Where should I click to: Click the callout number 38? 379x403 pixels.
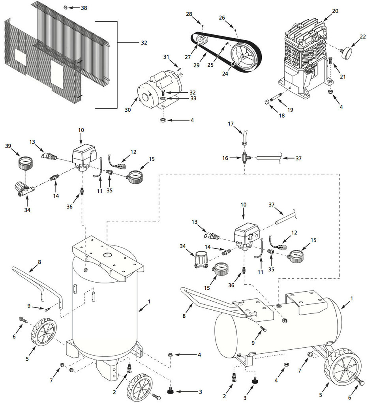click(84, 8)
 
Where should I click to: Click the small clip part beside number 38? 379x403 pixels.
click(66, 7)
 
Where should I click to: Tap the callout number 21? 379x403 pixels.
click(342, 77)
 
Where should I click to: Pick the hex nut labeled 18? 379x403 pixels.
click(267, 102)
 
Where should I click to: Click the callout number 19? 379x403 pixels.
click(290, 110)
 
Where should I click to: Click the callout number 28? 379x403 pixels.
click(189, 14)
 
